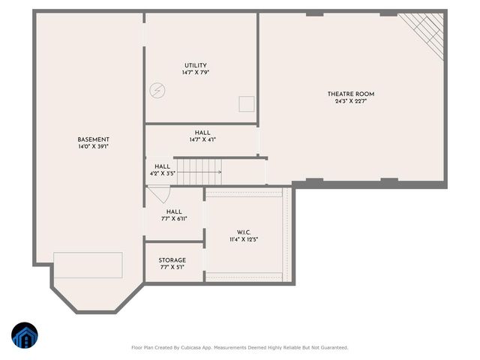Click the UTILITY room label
coord(195,65)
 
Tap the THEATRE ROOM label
coord(350,94)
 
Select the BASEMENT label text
coord(94,139)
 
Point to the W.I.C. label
coord(244,232)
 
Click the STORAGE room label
coord(172,260)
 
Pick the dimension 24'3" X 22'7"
coord(350,101)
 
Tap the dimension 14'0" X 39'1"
coord(94,147)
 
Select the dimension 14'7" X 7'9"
coord(195,73)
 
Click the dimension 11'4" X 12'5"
coord(244,239)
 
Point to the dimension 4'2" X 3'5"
coord(163,174)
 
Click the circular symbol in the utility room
coord(157,89)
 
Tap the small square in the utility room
coord(247,103)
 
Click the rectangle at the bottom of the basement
coord(88,264)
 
